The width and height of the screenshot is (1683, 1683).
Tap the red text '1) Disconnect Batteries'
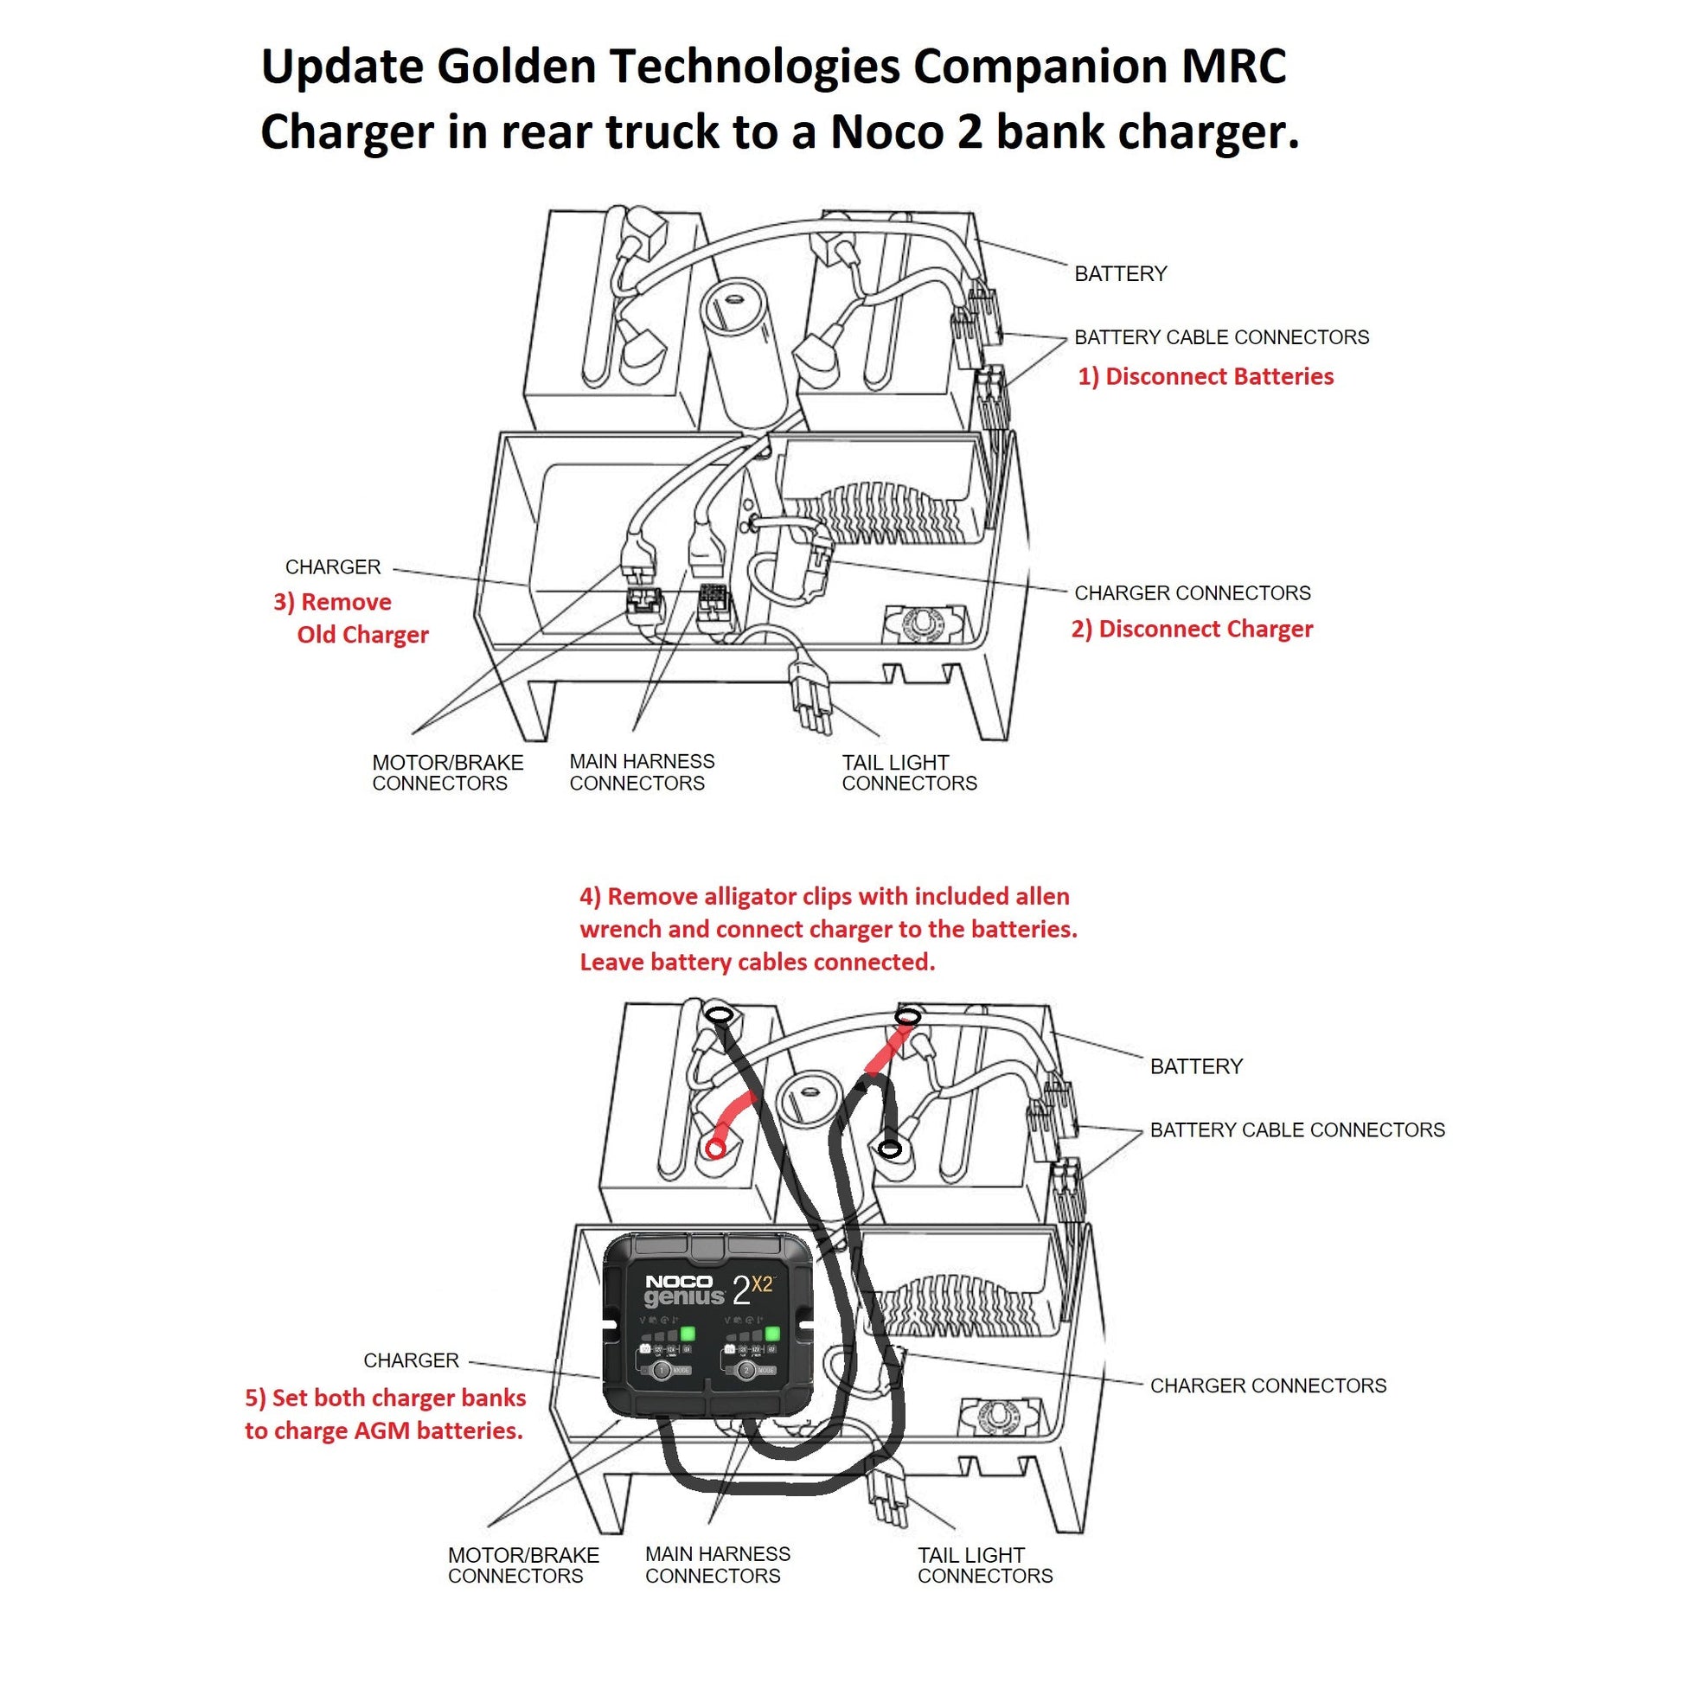point(1206,376)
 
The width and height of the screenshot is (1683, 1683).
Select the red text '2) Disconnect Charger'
point(1192,629)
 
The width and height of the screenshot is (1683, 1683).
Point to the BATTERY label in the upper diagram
point(1120,273)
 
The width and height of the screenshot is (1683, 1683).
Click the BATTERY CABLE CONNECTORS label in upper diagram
point(1221,337)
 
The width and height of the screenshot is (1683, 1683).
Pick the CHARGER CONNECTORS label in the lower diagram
point(1268,1385)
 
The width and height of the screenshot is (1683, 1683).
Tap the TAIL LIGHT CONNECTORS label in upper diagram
point(909,772)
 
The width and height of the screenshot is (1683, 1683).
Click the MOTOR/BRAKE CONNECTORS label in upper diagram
point(447,772)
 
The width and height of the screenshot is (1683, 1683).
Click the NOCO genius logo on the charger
point(684,1290)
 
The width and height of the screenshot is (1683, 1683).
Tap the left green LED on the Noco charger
point(688,1334)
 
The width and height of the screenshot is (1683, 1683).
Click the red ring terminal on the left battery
point(715,1149)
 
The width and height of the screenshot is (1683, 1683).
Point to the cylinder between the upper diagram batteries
point(738,349)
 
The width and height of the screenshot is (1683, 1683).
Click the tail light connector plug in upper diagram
point(810,693)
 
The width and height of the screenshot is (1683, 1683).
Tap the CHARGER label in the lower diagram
point(410,1360)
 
